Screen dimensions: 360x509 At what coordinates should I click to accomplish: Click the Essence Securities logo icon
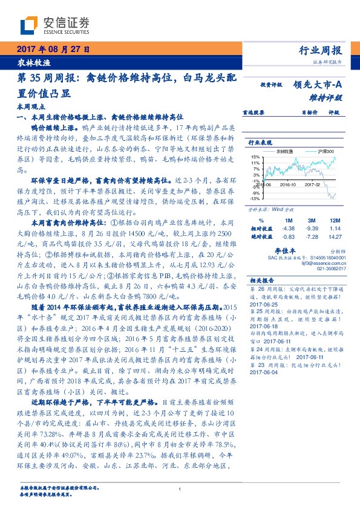(x=28, y=26)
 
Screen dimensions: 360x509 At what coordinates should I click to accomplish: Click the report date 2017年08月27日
(x=52, y=50)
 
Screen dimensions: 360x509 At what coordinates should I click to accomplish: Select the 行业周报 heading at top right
(x=321, y=50)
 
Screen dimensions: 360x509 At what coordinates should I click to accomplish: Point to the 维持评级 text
(x=329, y=97)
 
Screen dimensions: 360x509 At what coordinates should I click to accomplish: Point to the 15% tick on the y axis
(x=256, y=158)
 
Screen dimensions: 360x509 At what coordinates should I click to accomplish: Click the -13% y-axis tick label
(x=255, y=199)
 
